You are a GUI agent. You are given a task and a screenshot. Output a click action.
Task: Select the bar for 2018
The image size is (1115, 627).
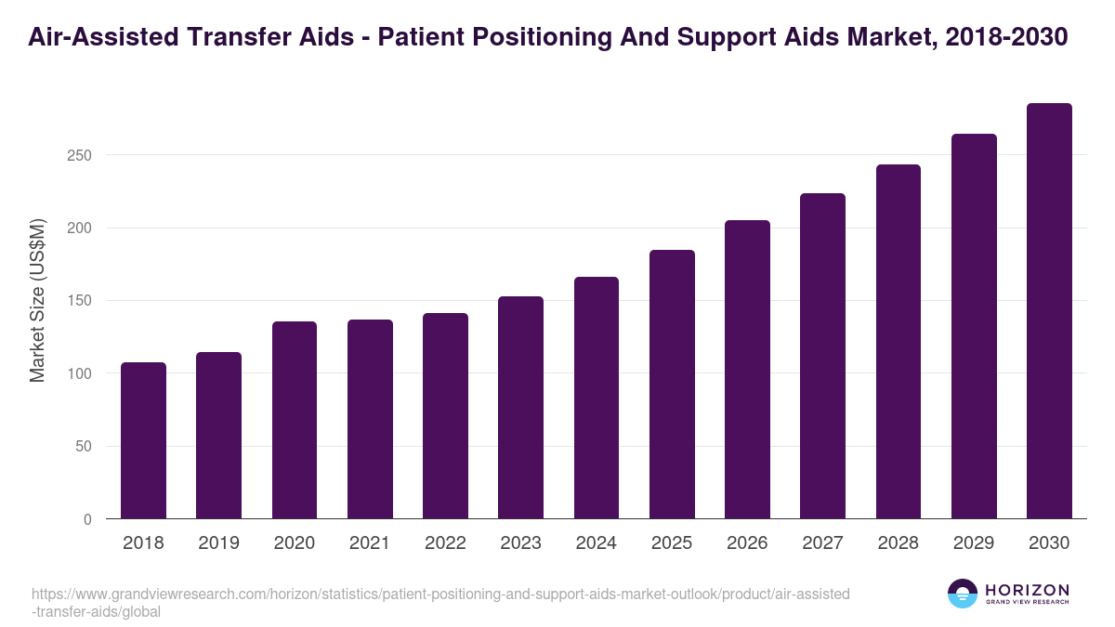click(143, 440)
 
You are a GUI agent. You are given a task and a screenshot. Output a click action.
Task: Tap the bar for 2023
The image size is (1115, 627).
click(520, 408)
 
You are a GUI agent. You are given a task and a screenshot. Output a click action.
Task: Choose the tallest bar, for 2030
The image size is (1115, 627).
click(1049, 311)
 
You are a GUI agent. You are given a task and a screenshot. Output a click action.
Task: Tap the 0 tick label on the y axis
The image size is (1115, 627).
click(87, 519)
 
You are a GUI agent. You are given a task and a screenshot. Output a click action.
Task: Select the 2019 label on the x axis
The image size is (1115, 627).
click(219, 543)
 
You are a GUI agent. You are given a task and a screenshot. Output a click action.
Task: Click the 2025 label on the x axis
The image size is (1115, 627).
click(672, 543)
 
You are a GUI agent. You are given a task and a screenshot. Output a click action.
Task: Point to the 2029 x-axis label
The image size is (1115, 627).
click(974, 543)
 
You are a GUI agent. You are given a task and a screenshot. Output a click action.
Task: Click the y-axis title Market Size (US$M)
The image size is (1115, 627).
click(37, 300)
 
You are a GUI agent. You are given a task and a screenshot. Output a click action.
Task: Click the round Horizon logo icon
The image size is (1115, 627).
click(963, 594)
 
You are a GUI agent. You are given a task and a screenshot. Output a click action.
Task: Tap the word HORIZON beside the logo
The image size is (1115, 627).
click(1027, 590)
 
